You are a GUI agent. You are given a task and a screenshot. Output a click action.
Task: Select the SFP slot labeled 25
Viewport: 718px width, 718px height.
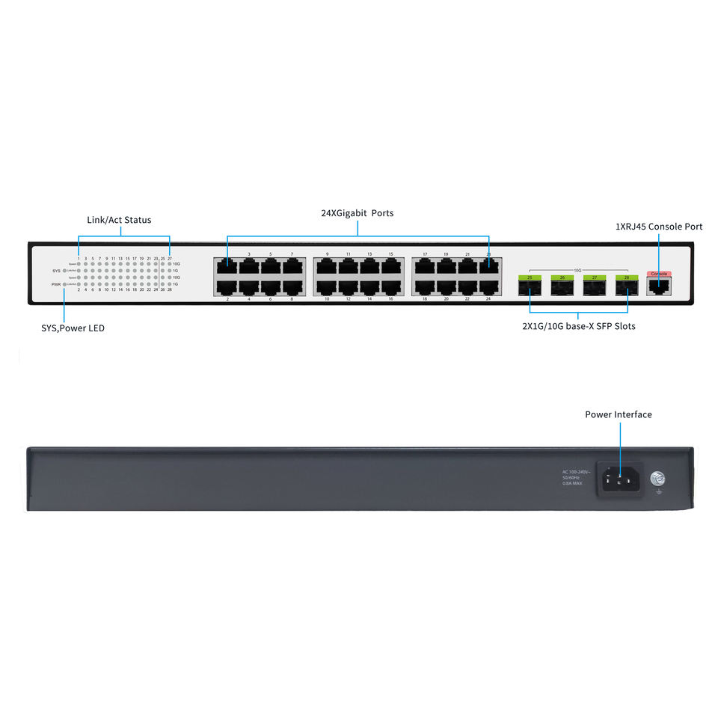pos(530,286)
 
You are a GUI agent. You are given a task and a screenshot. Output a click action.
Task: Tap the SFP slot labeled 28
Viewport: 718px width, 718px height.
pos(626,286)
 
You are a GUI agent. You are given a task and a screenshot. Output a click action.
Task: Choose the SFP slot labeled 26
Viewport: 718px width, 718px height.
pos(562,286)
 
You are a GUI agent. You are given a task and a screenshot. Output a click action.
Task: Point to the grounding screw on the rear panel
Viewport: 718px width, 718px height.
pos(659,479)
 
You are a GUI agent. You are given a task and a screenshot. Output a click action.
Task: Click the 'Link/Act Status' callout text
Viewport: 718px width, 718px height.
pos(119,220)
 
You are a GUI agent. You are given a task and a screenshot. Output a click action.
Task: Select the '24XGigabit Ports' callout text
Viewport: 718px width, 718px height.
pos(357,213)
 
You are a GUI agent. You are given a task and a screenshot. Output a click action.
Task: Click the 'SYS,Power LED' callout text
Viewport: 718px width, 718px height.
pos(73,328)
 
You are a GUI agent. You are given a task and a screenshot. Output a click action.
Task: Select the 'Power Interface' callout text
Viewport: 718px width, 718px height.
pos(618,414)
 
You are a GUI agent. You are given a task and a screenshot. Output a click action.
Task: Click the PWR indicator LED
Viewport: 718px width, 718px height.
pos(65,285)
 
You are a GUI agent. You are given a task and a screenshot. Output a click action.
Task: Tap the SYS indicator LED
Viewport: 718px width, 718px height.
pos(65,271)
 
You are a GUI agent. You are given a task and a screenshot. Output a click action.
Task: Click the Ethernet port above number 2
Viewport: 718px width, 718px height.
pos(227,286)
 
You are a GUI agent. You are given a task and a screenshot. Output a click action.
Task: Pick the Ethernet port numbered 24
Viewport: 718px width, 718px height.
pos(488,286)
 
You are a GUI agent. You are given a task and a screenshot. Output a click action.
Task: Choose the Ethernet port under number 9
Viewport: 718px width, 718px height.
pos(326,266)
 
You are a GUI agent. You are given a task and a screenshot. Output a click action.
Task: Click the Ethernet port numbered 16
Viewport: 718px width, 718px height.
pos(390,286)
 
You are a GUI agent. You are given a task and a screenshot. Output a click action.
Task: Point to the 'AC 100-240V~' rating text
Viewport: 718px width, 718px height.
pos(576,472)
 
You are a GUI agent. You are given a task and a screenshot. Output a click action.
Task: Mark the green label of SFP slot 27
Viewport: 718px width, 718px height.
pos(595,278)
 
